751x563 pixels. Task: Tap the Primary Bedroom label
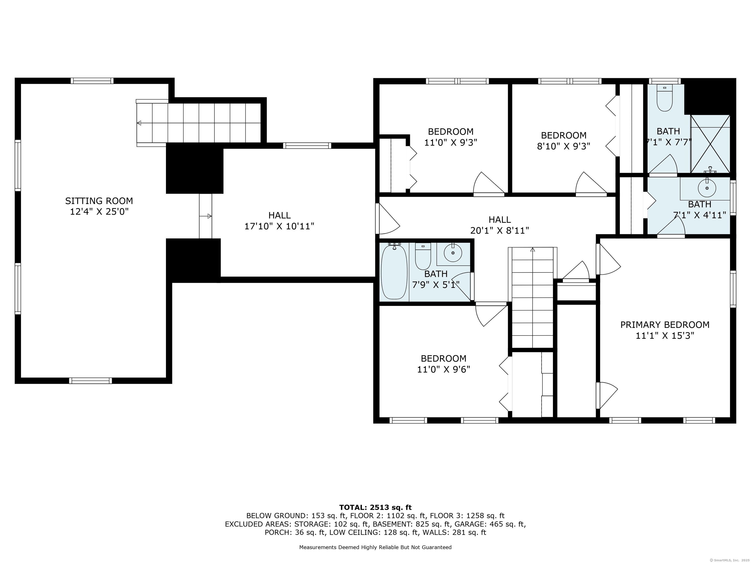665,325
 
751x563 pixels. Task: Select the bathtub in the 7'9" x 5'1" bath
394,272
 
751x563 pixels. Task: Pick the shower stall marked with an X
710,144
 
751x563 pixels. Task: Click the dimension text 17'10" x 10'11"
279,226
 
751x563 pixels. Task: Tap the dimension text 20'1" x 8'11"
499,231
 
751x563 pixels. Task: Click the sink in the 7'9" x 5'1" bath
453,253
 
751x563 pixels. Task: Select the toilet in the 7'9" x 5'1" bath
423,256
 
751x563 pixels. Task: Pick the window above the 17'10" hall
307,146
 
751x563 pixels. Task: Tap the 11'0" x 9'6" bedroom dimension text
443,369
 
